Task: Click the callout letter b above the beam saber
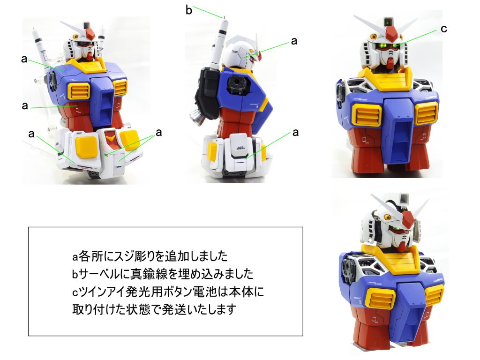coord(189,10)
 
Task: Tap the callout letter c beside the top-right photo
coord(444,29)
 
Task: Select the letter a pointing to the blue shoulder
coord(24,59)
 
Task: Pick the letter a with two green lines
coord(158,133)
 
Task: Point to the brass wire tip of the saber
coord(225,17)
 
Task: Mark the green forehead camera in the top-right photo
coord(389,22)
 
